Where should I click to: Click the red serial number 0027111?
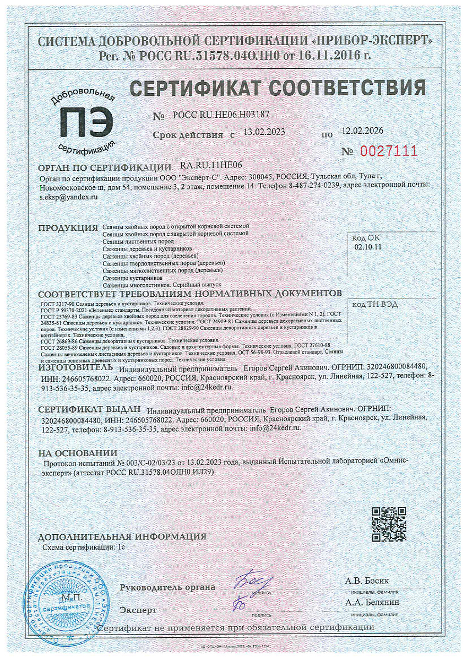click(389, 151)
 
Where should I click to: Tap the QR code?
click(389, 523)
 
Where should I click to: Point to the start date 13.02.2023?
click(264, 133)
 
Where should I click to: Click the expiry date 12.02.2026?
click(362, 132)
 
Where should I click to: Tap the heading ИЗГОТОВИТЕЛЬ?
click(75, 367)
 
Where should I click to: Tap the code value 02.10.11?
click(368, 247)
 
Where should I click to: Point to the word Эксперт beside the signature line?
click(138, 610)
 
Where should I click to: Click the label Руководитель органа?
click(167, 587)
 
